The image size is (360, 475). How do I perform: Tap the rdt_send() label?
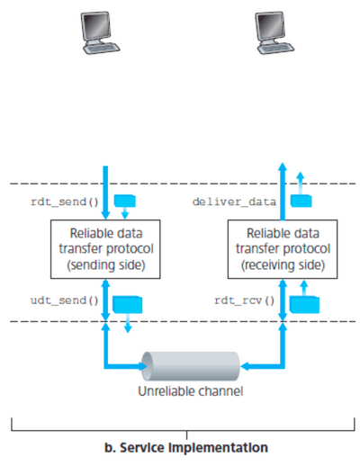pos(58,201)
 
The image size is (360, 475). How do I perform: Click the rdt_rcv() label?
pos(243,299)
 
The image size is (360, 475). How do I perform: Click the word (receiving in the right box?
pos(267,265)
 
